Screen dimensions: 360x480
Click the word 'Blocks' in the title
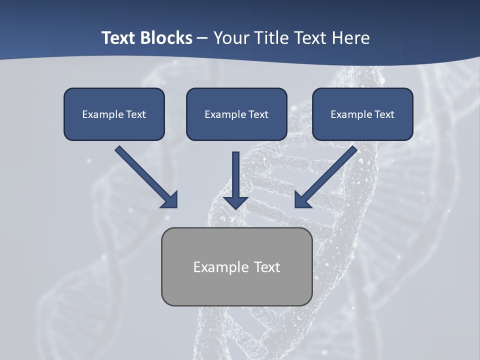tap(166, 38)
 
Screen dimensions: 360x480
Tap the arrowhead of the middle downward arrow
tap(236, 201)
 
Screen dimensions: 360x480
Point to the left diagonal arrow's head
tap(170, 200)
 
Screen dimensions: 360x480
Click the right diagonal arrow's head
tap(302, 200)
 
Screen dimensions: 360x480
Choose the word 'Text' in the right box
tap(384, 114)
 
